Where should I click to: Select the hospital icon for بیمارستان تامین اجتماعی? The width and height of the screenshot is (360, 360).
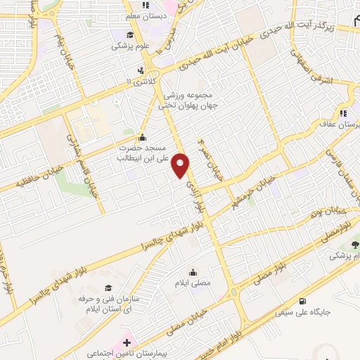(x=127, y=343)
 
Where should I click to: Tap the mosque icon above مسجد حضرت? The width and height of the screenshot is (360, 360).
(x=143, y=138)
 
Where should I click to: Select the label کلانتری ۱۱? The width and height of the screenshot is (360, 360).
(x=134, y=82)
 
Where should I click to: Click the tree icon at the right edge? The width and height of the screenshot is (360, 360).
(x=354, y=245)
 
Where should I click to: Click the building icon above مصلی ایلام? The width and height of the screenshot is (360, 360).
(x=193, y=271)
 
